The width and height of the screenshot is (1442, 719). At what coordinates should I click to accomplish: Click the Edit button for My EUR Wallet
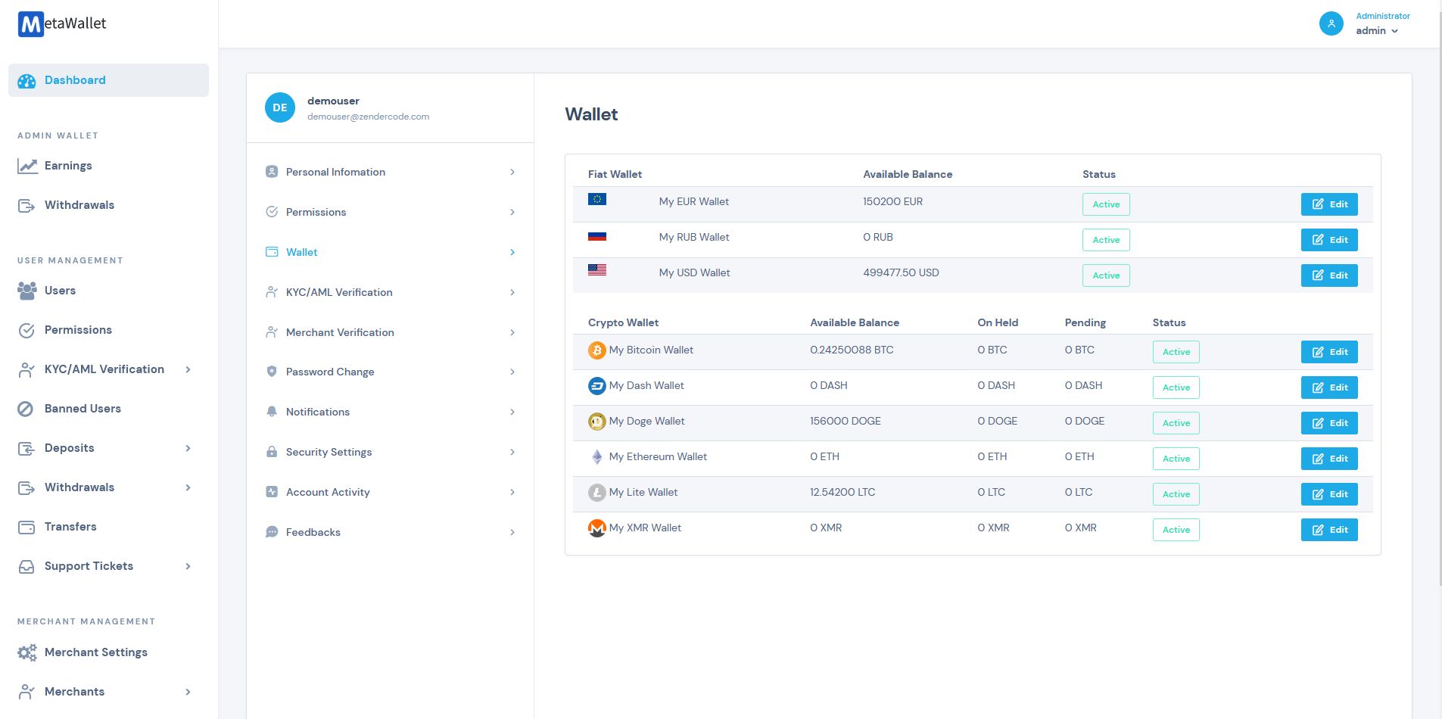(x=1328, y=204)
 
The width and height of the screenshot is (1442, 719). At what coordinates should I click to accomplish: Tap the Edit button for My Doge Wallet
(x=1328, y=423)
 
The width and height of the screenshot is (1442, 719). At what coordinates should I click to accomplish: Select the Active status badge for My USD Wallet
(x=1105, y=275)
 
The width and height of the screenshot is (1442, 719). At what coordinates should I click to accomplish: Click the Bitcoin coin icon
(x=596, y=350)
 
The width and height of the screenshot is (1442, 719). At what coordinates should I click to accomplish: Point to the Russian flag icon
(x=596, y=236)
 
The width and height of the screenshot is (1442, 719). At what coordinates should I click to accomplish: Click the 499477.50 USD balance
(x=900, y=272)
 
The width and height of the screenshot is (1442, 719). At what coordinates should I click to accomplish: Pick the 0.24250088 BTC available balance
(x=851, y=350)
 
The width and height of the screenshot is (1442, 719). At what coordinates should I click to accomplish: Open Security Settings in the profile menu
(x=329, y=452)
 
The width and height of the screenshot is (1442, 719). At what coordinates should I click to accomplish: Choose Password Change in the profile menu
(x=329, y=372)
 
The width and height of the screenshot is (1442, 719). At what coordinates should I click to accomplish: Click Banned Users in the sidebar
(x=83, y=409)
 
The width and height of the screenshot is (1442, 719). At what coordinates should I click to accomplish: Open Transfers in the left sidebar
(x=70, y=527)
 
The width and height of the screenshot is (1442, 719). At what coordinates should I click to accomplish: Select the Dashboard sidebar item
(x=75, y=80)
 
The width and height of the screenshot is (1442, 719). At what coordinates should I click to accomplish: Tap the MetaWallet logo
(x=62, y=23)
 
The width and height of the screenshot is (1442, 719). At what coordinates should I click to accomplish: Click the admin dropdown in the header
(x=1376, y=31)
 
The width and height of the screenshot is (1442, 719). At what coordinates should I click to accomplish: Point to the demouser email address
(x=368, y=117)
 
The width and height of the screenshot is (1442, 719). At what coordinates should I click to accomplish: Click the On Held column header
(x=997, y=322)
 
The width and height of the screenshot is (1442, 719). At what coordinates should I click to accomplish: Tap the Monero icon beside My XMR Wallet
(x=596, y=528)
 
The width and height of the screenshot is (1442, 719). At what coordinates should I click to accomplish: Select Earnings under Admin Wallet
(x=68, y=166)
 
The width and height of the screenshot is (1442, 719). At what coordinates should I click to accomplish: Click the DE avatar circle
(x=279, y=107)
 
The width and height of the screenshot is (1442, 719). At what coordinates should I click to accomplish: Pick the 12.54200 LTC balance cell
(x=842, y=492)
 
